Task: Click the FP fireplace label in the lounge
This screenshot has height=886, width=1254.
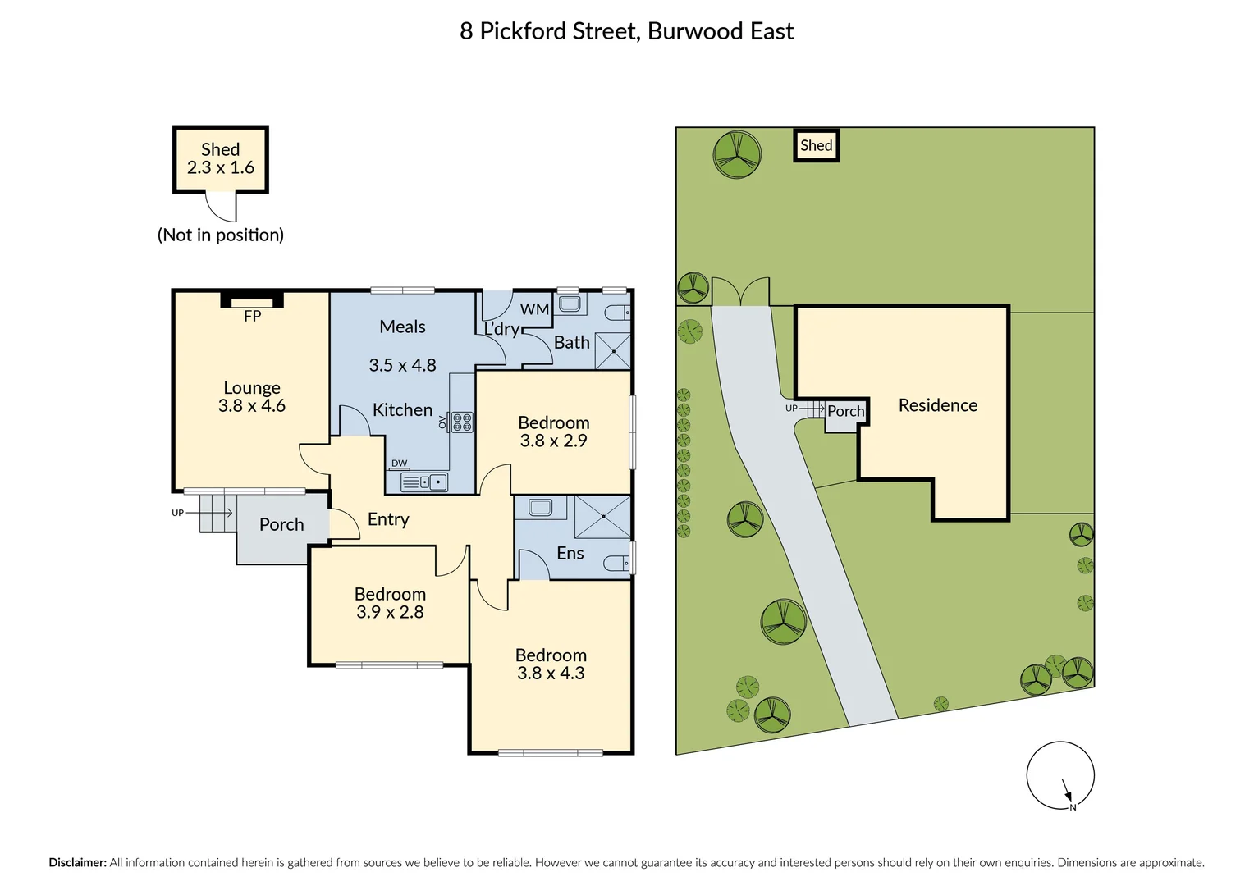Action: [253, 316]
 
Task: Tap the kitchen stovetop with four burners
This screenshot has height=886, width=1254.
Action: [462, 422]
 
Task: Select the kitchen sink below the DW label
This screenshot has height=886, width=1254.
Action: [424, 482]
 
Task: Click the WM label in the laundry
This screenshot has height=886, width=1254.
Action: [534, 309]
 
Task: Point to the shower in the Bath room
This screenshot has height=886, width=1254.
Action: [613, 351]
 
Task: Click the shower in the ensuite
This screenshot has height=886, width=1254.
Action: [602, 517]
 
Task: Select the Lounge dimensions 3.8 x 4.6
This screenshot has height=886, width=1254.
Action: [252, 406]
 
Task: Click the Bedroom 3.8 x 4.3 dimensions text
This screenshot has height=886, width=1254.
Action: [551, 673]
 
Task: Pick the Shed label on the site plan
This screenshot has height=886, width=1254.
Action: [817, 145]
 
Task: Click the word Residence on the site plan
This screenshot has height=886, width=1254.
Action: [938, 405]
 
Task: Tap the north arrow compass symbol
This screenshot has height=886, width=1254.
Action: [1060, 776]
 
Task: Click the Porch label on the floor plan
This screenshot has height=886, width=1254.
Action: [281, 525]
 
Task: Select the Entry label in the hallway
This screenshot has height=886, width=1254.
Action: [388, 519]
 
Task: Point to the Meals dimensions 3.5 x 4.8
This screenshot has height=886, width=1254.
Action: [402, 366]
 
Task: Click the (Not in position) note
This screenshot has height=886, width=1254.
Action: [221, 235]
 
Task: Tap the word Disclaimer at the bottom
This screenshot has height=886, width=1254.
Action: [78, 862]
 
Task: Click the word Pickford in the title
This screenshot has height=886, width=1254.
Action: [523, 31]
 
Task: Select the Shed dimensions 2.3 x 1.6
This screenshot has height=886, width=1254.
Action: [221, 167]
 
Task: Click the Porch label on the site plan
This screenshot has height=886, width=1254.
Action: [846, 411]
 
